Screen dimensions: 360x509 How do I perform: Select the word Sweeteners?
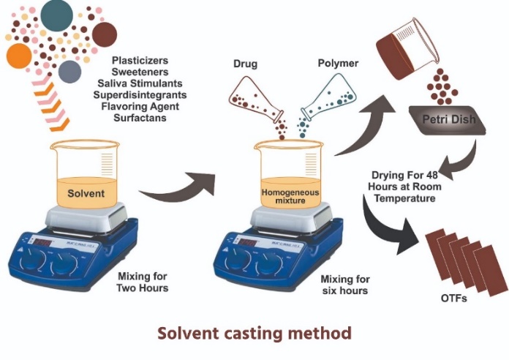click(x=140, y=72)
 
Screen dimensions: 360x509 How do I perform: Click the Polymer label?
click(x=339, y=64)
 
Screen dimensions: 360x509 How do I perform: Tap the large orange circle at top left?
click(x=19, y=56)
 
